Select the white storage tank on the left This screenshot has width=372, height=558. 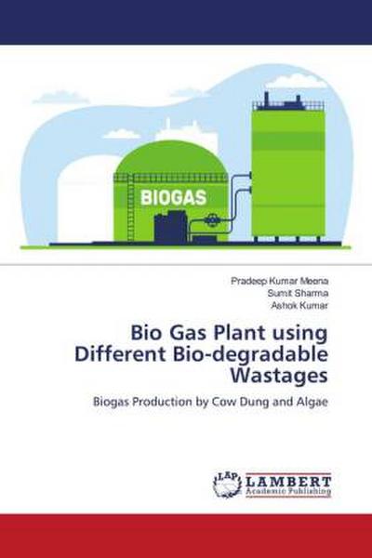point(84,200)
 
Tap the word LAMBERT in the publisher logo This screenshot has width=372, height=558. point(288,479)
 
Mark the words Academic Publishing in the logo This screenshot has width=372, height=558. point(288,491)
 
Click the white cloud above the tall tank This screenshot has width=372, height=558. point(296,82)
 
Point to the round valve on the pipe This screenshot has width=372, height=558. point(213,221)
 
